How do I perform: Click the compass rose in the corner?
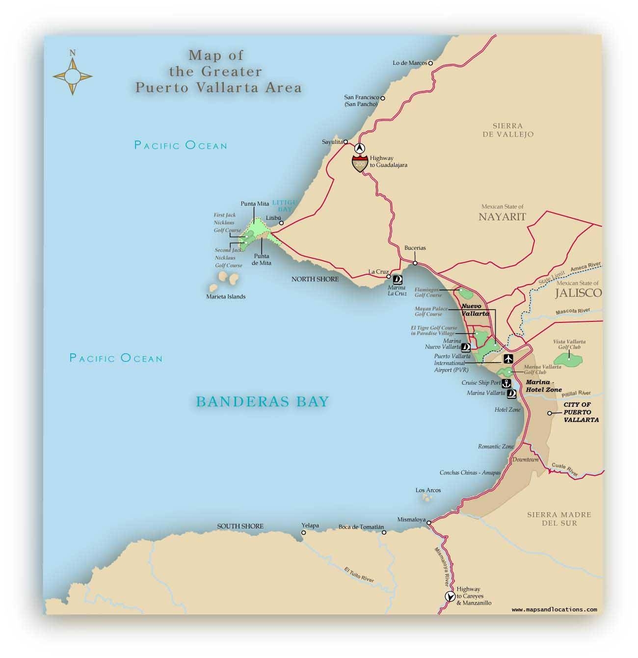(x=73, y=76)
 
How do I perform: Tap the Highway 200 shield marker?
(x=360, y=164)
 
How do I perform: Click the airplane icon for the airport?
(x=508, y=358)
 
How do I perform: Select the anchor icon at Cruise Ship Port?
(x=506, y=383)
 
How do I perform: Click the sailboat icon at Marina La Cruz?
(x=399, y=280)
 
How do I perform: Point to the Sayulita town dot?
(x=346, y=141)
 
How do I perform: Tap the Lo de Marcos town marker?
(x=430, y=63)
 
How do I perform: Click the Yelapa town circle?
(x=304, y=532)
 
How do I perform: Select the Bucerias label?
(x=415, y=248)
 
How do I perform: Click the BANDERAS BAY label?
(x=262, y=402)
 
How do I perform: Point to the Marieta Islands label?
(x=226, y=296)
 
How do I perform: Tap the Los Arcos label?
(x=428, y=490)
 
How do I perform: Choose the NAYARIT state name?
(x=502, y=216)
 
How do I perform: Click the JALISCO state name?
(x=578, y=293)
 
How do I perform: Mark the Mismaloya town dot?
(x=429, y=523)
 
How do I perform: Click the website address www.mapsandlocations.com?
(x=554, y=609)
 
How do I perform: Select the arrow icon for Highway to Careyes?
(x=449, y=596)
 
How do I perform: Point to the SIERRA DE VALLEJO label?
(x=509, y=130)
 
